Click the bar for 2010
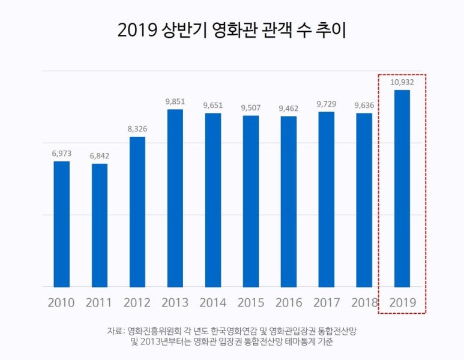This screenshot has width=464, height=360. pos(61,224)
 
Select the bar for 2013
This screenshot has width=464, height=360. pos(175,198)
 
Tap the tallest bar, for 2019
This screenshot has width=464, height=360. pos(402,188)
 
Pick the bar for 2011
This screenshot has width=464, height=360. pos(100,225)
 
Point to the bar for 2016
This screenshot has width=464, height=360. pos(288,202)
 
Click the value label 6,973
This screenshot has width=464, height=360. pos(61,154)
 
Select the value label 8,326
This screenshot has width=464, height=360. pos(137,129)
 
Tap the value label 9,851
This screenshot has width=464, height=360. pos(175,101)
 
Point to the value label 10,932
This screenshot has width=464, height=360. pos(402,82)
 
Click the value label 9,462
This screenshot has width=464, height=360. pos(288,108)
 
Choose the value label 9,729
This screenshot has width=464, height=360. pos(327,104)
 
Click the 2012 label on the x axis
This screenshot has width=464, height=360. pos(137,302)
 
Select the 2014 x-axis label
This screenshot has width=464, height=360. pos(212,302)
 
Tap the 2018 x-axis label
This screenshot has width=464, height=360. pos(364,302)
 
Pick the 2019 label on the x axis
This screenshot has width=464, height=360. pos(402,302)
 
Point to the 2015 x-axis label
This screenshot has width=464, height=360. pos(250,302)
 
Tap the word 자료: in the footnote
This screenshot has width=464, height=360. pos(116,331)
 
